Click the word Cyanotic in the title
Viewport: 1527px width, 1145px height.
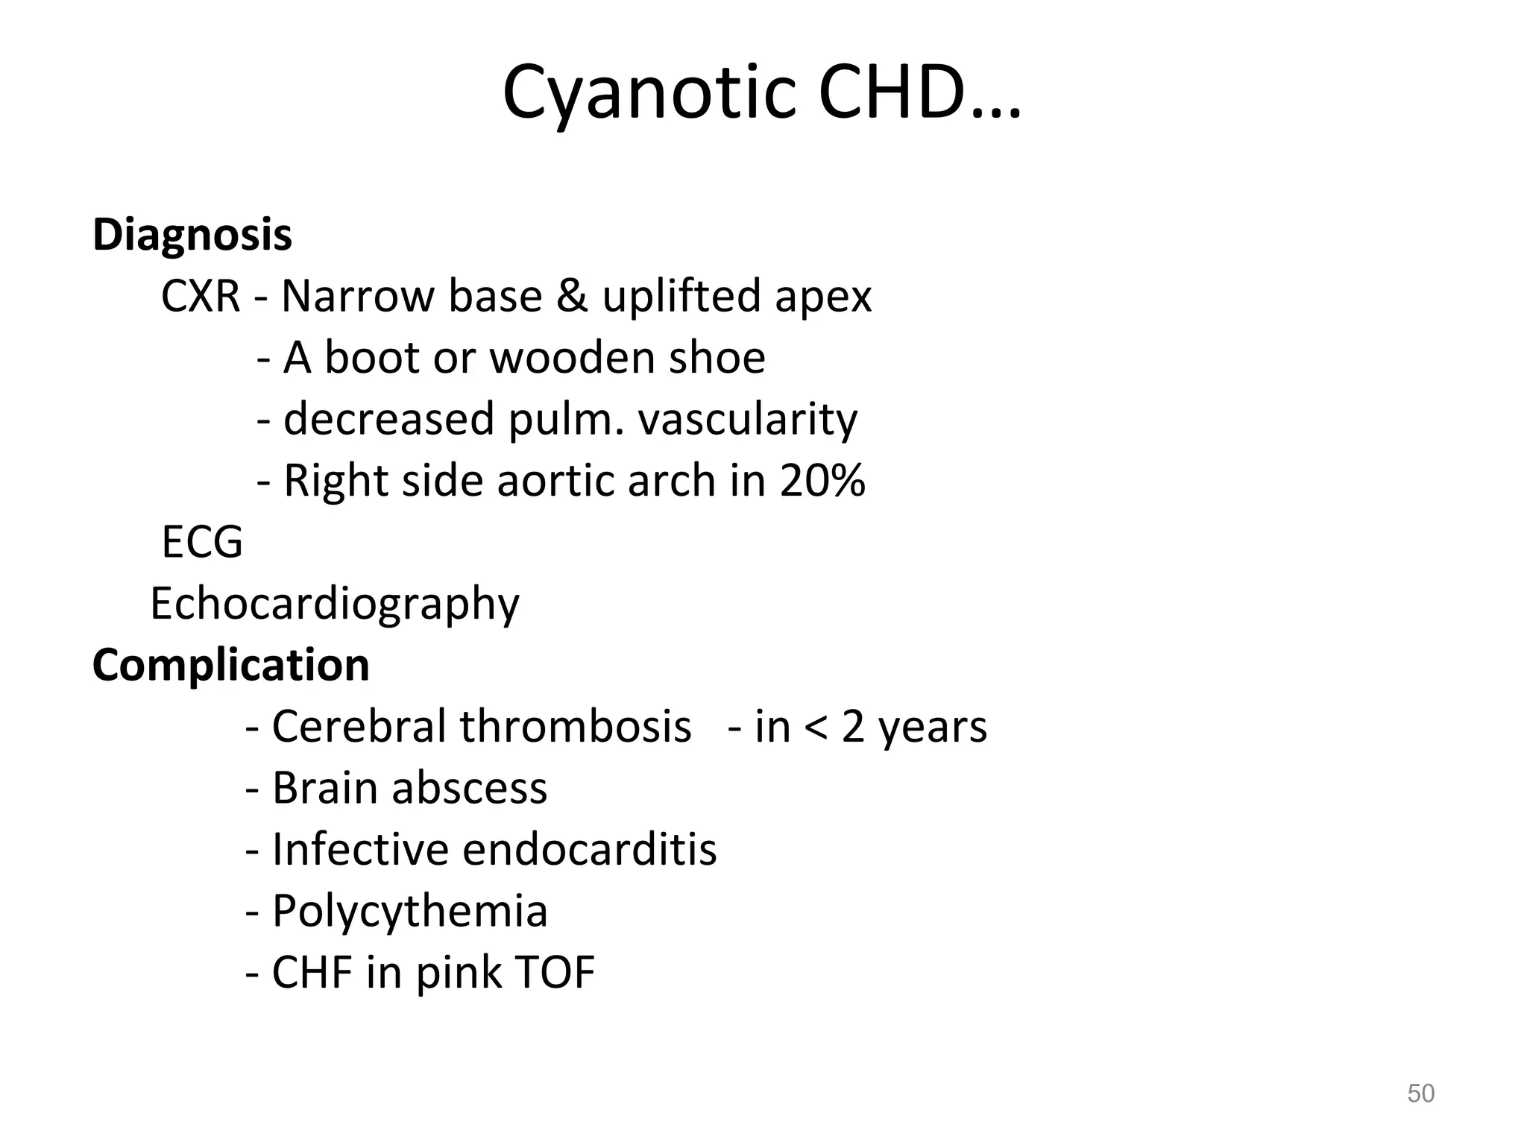point(650,93)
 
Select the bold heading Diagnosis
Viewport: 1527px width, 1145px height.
point(192,235)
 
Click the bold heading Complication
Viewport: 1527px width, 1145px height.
point(231,664)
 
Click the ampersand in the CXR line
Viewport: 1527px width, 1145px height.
point(572,296)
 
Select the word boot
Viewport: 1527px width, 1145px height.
point(371,358)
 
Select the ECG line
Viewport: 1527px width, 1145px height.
point(202,541)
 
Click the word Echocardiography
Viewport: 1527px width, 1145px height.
point(335,604)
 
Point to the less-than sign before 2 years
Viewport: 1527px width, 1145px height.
point(816,727)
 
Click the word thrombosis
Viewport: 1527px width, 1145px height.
point(576,726)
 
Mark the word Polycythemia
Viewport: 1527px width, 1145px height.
point(409,912)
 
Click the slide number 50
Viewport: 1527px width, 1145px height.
point(1420,1094)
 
